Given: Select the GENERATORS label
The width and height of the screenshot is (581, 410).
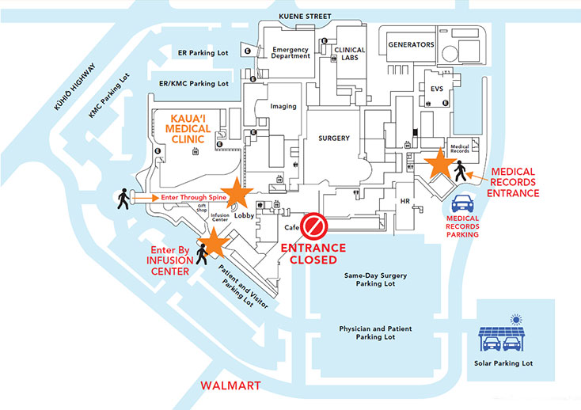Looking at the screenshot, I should point(410,45).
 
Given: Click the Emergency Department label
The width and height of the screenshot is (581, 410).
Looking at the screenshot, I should point(290,53).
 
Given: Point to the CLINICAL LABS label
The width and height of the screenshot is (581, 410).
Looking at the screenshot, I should point(349,54).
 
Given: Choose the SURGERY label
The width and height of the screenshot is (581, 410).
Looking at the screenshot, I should point(334,138).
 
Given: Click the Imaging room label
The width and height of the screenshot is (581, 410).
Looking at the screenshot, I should point(283,106).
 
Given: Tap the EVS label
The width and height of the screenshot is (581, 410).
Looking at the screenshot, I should point(437,89).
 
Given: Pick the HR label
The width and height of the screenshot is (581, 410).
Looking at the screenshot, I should point(404,201).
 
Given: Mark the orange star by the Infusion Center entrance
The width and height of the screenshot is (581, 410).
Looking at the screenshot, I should point(213,240).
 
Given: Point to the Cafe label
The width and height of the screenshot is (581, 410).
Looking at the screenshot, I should point(290,227).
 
